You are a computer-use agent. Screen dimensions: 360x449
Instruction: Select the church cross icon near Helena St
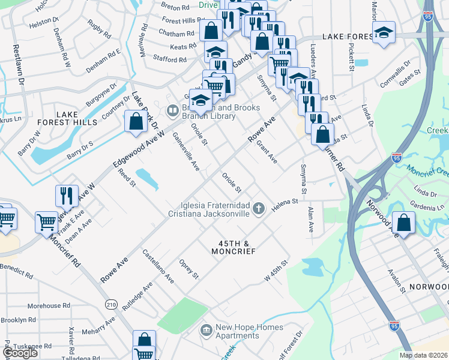(x=259, y=209)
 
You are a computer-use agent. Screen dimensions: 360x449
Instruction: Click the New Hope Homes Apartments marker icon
(x=206, y=329)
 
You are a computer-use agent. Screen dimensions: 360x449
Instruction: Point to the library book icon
(x=172, y=110)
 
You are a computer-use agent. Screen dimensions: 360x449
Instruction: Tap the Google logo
(x=20, y=353)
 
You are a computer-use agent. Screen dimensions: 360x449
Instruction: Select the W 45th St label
(x=277, y=272)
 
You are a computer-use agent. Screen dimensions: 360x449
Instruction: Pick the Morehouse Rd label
(x=44, y=306)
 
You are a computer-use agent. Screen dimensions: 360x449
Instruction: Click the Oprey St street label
(x=188, y=269)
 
